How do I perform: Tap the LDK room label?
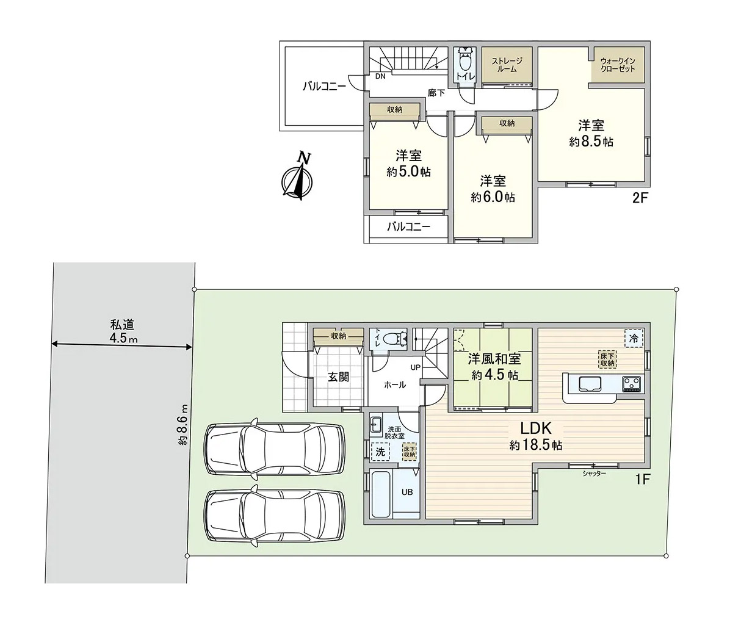pos(535,428)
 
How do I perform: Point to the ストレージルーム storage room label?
pos(507,65)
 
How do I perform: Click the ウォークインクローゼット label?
pos(618,65)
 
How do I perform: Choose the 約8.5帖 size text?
pos(591,142)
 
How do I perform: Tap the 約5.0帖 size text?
pos(408,171)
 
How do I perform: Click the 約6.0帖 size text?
pos(493,197)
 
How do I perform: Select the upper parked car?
pos(275,449)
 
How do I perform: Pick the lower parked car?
pos(275,516)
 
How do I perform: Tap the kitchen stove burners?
pos(632,384)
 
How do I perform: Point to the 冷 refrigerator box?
pos(634,339)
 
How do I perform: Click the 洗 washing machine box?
pos(380,451)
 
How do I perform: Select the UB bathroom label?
pos(407,492)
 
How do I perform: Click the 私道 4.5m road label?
pos(123,331)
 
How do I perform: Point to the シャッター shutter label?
pos(594,474)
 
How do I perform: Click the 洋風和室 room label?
pos(494,359)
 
